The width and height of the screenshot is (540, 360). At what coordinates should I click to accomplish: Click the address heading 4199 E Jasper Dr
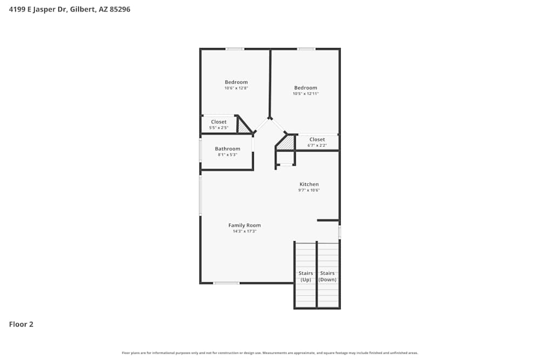pos(70,9)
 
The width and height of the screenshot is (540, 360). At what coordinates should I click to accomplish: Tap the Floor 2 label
pos(21,324)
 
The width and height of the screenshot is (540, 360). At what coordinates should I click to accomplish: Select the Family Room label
pos(244,225)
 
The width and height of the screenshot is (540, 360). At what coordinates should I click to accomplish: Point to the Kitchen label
pos(309,184)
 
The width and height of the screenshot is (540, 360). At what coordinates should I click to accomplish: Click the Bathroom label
pos(227,148)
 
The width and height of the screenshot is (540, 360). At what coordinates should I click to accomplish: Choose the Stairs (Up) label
pos(306,276)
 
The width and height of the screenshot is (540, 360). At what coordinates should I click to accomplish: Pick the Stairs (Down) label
pos(328,276)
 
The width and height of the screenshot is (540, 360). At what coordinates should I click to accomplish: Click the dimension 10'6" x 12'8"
pos(236,88)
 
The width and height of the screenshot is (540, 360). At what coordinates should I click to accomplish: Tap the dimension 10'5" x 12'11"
pos(306,93)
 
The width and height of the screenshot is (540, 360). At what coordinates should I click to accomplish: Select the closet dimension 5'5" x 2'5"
pos(219,128)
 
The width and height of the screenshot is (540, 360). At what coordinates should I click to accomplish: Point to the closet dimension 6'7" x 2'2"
pos(317,145)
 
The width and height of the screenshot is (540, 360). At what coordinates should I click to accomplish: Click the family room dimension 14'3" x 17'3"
pos(244,231)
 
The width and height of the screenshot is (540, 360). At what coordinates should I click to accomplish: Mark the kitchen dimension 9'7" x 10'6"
pos(309,190)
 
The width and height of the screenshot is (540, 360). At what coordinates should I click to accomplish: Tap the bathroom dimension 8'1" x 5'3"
pos(227,154)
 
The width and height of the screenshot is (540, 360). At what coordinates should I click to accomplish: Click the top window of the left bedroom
pos(235,49)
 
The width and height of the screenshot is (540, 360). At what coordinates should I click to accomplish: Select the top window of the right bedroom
pos(306,49)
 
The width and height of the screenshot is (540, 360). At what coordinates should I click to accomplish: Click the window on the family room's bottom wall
pos(226,283)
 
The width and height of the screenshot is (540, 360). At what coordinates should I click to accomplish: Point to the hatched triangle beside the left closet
pos(243,127)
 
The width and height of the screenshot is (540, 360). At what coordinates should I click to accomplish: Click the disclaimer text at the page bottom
pos(270,353)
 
